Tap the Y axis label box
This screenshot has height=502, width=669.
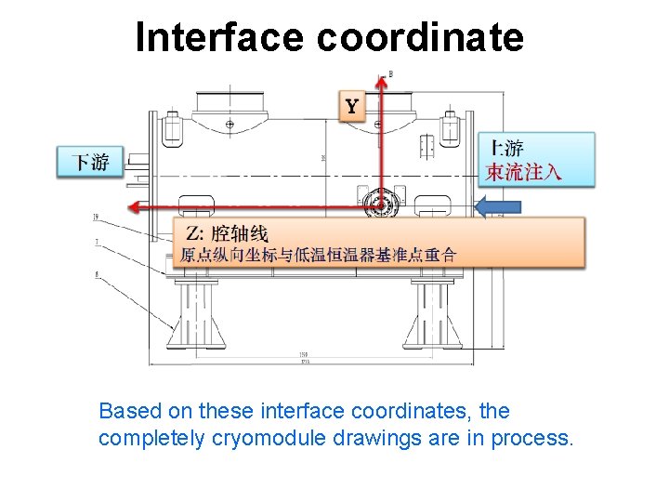(352, 106)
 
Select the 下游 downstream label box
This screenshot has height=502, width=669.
(90, 163)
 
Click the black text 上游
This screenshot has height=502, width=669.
(506, 147)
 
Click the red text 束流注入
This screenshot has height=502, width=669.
(524, 172)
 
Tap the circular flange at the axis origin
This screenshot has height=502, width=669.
(380, 205)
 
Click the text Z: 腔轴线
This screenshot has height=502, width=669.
(227, 232)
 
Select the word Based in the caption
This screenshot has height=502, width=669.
(128, 411)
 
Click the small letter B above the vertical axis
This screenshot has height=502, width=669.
(390, 73)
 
